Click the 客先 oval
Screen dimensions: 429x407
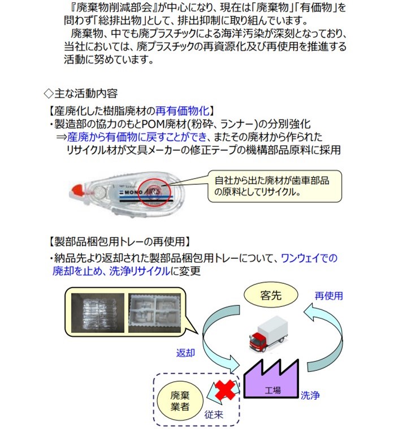pyautogui.click(x=270, y=294)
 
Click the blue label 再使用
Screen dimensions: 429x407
pyautogui.click(x=328, y=296)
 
